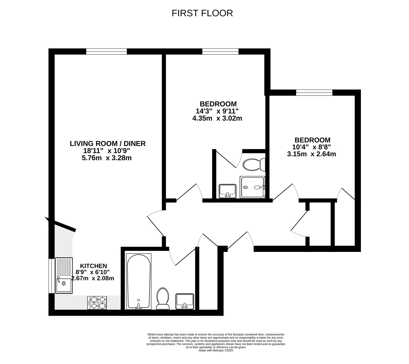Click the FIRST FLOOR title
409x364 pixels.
[x=202, y=13]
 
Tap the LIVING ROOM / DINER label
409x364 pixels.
[x=108, y=144]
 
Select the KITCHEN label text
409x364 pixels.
[x=94, y=266]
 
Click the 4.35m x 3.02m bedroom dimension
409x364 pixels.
[x=217, y=118]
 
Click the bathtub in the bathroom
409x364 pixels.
[x=139, y=281]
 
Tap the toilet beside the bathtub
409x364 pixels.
[x=163, y=298]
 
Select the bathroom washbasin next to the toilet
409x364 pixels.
[x=185, y=301]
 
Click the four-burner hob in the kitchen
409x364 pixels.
[x=97, y=303]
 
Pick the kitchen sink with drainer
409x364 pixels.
[x=64, y=275]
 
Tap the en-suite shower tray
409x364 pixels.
[x=252, y=187]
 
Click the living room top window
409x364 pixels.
[x=106, y=51]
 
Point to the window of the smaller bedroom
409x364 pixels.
[x=314, y=93]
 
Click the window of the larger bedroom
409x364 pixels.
[x=220, y=51]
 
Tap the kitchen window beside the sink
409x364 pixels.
[x=51, y=276]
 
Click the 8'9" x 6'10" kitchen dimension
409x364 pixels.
[x=93, y=272]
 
